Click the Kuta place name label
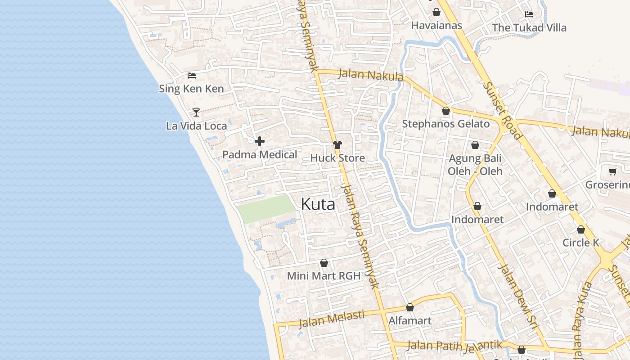click(318, 205)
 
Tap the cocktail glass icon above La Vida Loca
click(196, 112)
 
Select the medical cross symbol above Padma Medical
click(260, 142)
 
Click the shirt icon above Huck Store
click(337, 145)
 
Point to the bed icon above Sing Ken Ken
click(192, 76)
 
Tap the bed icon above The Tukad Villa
click(529, 14)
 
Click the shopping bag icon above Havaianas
click(436, 12)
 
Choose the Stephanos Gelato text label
click(445, 124)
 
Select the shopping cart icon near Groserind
click(612, 172)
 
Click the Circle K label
click(581, 243)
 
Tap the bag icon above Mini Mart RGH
click(324, 263)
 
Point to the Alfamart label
click(409, 321)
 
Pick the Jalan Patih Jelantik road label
click(454, 346)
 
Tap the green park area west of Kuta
click(265, 208)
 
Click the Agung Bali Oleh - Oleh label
click(475, 165)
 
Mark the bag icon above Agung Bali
click(475, 145)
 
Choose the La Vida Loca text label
click(196, 126)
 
